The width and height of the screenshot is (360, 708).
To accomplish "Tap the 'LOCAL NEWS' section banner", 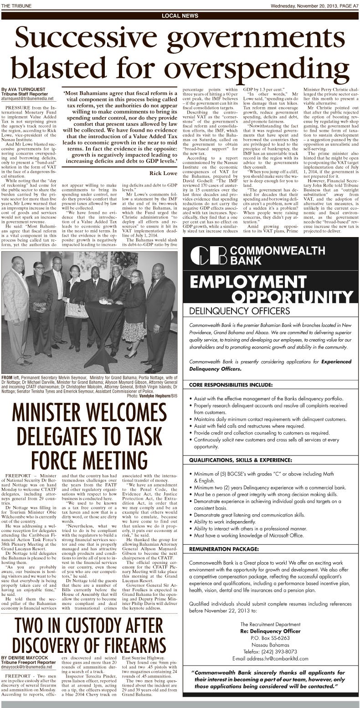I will [180, 16].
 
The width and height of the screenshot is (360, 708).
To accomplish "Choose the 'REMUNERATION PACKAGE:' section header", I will [224, 548].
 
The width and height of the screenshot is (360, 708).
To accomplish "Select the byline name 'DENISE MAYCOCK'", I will [22, 657].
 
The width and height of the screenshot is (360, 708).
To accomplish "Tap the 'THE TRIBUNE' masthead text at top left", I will [14, 5].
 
